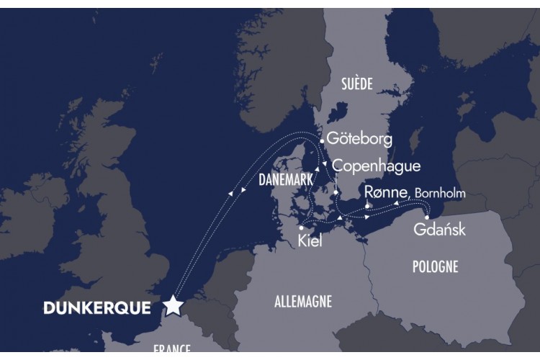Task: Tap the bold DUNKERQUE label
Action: (x=97, y=308)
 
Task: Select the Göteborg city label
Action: (x=358, y=139)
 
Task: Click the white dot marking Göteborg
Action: (x=322, y=141)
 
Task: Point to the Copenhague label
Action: (x=377, y=166)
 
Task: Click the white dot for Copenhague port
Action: (x=336, y=192)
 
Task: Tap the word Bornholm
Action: (x=441, y=193)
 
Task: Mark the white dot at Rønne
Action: (x=367, y=207)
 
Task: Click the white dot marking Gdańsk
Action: (x=427, y=217)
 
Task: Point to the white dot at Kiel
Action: (x=301, y=228)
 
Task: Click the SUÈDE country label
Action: (x=357, y=84)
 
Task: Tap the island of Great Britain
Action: (x=115, y=238)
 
